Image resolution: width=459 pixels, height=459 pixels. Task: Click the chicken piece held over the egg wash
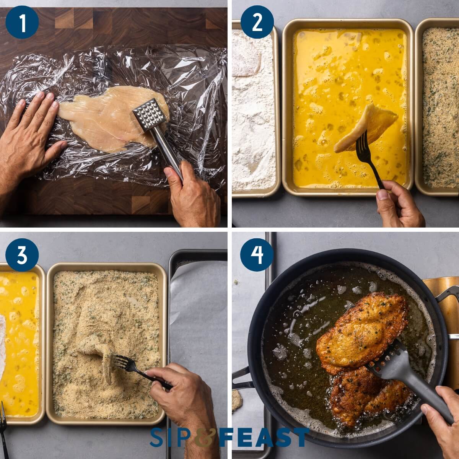pos(367,128)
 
